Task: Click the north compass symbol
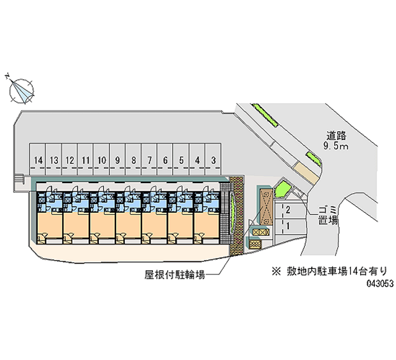tap(22, 91)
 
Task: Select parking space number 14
tap(39, 159)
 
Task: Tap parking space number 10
tap(102, 159)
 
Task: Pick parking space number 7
tap(149, 159)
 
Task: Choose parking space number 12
tap(70, 159)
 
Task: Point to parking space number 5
tap(181, 159)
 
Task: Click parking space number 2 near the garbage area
tap(288, 210)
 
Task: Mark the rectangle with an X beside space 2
tap(265, 207)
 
